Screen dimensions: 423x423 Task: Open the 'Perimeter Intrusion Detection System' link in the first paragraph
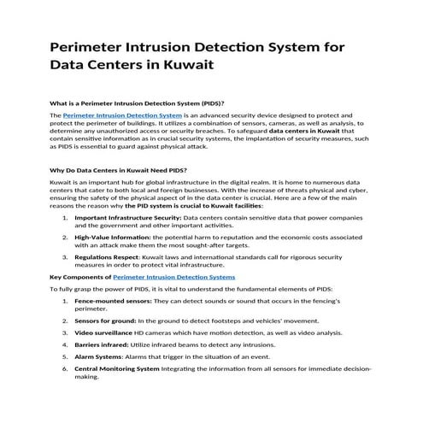pyautogui.click(x=122, y=115)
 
